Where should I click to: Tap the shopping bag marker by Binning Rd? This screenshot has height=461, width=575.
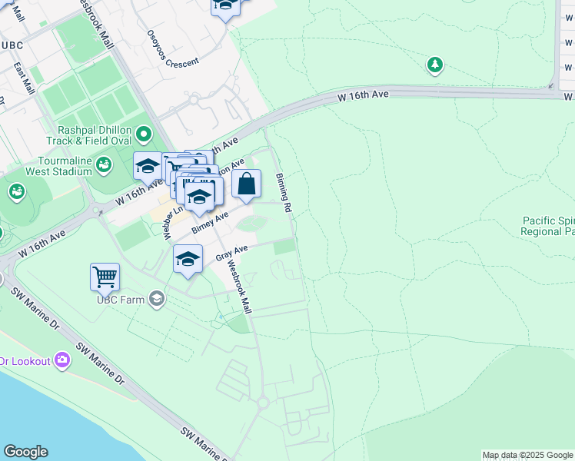[246, 184]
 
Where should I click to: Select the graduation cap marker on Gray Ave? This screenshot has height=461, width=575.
[188, 260]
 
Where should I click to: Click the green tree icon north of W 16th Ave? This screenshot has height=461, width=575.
[435, 65]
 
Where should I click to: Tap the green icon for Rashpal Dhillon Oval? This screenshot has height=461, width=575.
[143, 136]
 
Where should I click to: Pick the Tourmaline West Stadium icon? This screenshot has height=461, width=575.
[103, 164]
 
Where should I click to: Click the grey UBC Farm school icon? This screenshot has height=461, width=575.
[157, 299]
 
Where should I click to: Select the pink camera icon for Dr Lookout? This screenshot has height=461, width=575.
[62, 360]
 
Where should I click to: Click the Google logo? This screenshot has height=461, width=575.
[25, 452]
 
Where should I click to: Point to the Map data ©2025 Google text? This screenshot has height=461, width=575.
[527, 455]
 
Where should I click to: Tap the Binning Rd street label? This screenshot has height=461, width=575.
[284, 193]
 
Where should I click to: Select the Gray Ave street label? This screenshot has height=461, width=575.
[231, 252]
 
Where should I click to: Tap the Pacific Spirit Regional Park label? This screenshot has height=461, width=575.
[547, 226]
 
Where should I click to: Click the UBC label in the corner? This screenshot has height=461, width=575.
[12, 45]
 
